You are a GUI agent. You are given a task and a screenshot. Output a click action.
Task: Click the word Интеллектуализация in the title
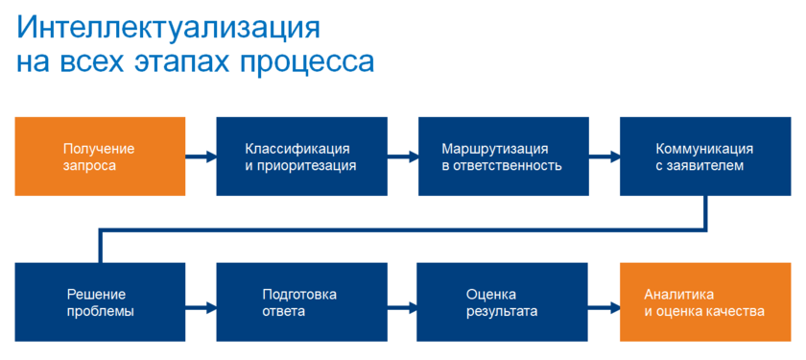click(x=168, y=30)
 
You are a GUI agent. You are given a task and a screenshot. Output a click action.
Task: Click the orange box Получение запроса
click(x=100, y=156)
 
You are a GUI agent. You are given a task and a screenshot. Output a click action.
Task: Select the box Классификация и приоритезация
click(x=301, y=156)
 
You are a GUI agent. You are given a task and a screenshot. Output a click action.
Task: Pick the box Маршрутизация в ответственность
click(x=503, y=156)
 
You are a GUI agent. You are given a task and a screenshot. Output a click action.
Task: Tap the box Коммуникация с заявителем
click(x=705, y=156)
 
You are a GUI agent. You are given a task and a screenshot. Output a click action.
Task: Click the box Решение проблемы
click(x=100, y=301)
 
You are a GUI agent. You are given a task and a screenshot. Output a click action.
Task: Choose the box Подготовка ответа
click(x=301, y=301)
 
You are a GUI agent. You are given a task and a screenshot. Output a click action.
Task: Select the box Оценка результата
click(x=502, y=301)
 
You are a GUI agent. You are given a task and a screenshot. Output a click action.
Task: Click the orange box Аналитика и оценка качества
click(x=705, y=301)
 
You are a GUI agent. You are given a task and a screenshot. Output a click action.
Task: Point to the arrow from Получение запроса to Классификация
click(x=201, y=156)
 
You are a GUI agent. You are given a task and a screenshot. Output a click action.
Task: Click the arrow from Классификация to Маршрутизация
click(x=403, y=156)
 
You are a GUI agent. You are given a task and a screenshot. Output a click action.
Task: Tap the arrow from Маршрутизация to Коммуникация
click(x=604, y=156)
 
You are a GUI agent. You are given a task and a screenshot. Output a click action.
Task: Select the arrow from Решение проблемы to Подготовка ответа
click(x=201, y=309)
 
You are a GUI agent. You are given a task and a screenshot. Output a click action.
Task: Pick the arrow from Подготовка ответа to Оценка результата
click(x=402, y=309)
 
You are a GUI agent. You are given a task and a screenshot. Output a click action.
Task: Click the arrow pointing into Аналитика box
click(x=604, y=309)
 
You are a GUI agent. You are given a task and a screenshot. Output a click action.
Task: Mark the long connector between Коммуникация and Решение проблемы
click(x=403, y=229)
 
